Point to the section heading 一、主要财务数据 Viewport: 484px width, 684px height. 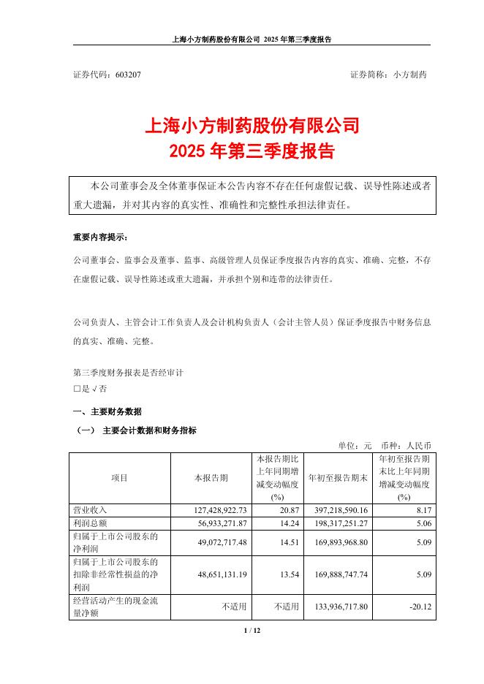click(107, 411)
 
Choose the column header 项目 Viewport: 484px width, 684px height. click(120, 478)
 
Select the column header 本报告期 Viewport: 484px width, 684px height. click(211, 478)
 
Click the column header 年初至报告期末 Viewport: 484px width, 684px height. click(339, 478)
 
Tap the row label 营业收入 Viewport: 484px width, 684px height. click(89, 509)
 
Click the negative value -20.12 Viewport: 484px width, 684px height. click(420, 607)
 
